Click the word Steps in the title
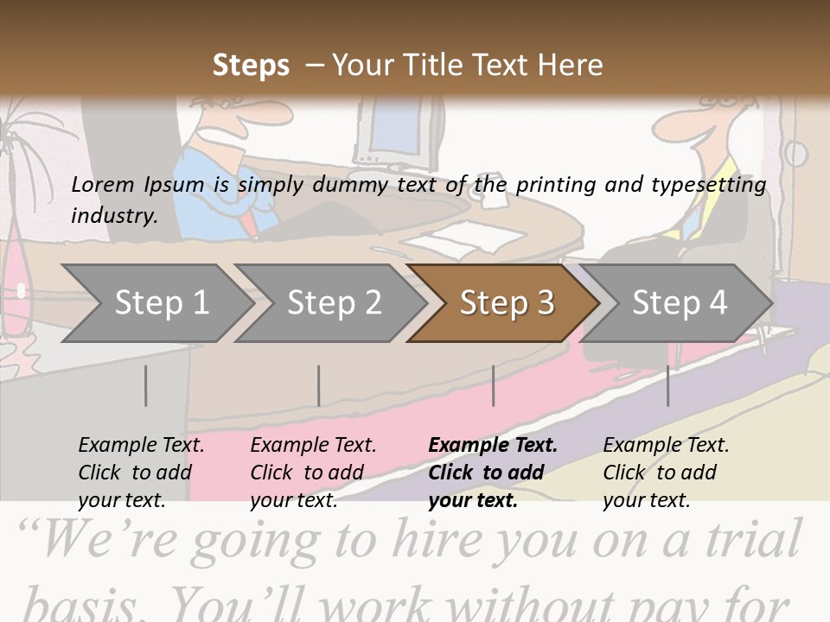(x=251, y=66)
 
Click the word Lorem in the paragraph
(x=102, y=184)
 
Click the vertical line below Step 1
(x=146, y=385)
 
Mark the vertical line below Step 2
(x=319, y=385)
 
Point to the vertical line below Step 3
(x=493, y=385)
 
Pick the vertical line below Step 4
(x=667, y=385)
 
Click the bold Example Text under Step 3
(x=493, y=446)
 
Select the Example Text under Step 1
(x=141, y=446)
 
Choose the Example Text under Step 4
(x=666, y=446)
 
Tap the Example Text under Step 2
(x=313, y=446)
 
